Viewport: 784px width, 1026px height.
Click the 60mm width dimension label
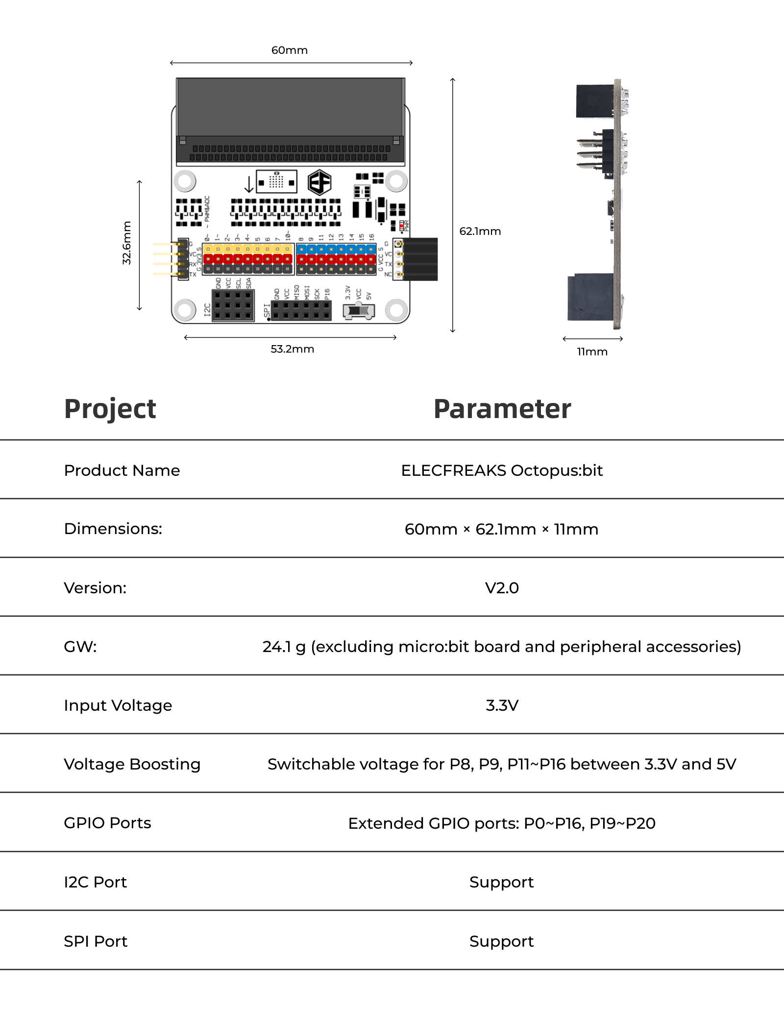290,50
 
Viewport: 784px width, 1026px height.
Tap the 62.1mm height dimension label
480,231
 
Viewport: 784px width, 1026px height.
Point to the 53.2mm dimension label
292,349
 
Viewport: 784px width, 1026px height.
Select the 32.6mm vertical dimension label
127,243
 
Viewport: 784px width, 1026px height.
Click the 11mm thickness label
592,351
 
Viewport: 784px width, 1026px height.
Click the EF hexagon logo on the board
319,183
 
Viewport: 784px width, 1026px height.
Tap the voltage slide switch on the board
359,310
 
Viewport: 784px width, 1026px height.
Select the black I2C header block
233,305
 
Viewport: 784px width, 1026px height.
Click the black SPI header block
301,310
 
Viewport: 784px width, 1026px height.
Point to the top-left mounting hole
185,181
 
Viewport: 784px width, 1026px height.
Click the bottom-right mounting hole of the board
396,309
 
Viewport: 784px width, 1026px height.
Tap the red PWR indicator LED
401,226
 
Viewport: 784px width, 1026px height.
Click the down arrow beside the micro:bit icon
249,184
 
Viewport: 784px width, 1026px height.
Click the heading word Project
110,409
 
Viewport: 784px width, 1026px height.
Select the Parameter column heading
502,409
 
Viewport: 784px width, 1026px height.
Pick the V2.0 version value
502,587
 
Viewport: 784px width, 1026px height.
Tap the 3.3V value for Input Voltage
502,705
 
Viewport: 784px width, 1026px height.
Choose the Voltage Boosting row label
132,764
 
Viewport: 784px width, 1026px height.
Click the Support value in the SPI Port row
501,941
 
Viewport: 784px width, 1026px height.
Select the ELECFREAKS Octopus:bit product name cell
502,470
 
